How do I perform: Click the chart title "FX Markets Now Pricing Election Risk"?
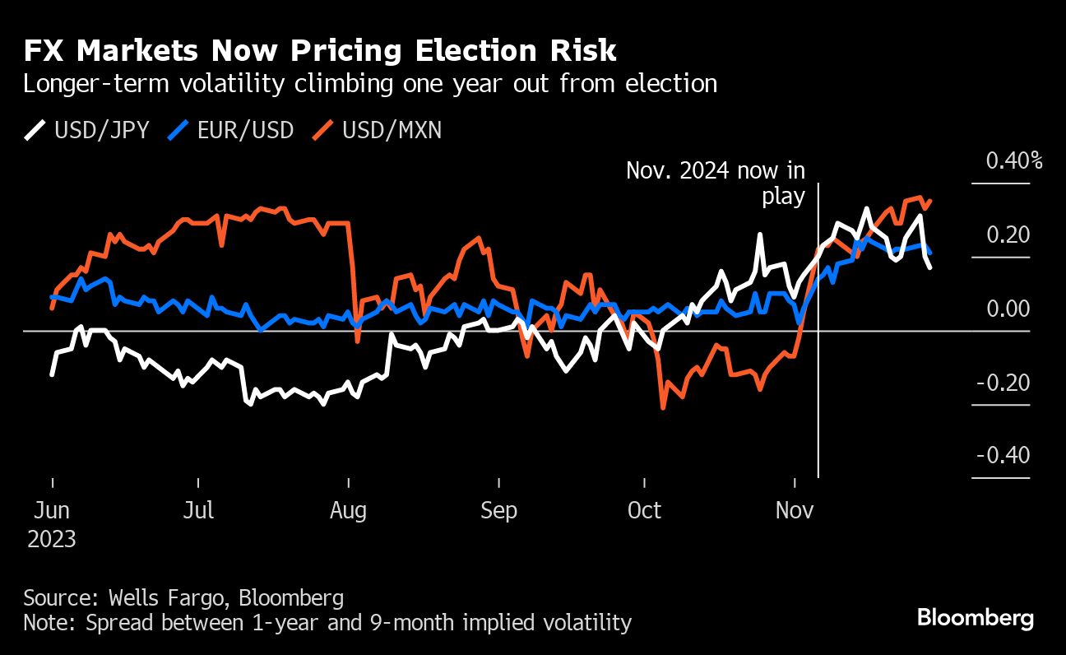(320, 51)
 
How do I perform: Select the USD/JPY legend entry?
(87, 130)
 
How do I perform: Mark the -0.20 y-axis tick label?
(1003, 383)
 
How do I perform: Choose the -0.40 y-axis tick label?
(1003, 456)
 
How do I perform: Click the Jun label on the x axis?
(52, 510)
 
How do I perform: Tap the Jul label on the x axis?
(198, 510)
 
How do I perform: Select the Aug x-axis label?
(349, 510)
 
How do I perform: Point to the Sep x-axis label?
(498, 510)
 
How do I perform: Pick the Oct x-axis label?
(644, 510)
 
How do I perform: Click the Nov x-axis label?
(795, 510)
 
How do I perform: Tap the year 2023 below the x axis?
(52, 540)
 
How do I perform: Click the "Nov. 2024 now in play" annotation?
(716, 183)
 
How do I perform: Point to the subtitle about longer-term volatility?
(370, 84)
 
